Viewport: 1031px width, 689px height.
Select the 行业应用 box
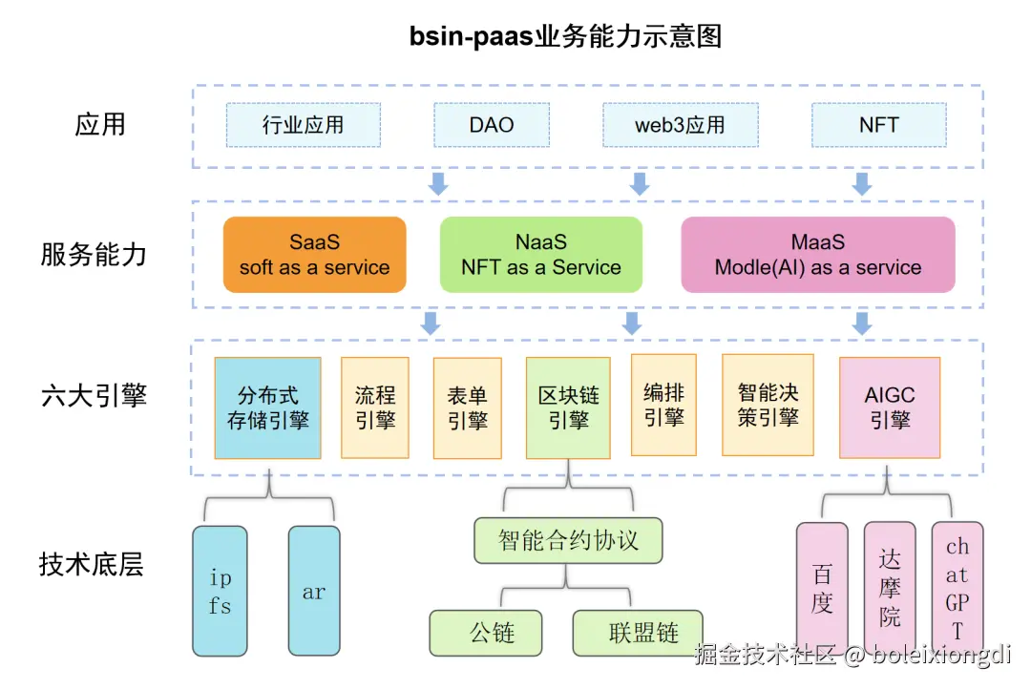304,125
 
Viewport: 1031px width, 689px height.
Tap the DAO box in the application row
492,125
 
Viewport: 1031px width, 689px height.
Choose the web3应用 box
680,125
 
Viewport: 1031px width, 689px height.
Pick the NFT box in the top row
878,125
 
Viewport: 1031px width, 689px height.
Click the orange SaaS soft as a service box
314,255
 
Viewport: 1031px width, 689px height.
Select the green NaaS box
540,255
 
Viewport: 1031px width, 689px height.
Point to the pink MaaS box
817,255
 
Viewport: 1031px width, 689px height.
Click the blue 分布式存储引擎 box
268,407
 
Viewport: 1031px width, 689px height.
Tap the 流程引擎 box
375,407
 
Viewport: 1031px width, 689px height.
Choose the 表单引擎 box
467,407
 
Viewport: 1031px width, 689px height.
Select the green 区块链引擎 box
568,407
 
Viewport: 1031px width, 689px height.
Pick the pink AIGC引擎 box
890,407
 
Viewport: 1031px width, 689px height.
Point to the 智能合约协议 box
568,540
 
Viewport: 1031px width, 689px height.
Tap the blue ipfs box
220,591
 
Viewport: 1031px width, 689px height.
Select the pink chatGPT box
957,587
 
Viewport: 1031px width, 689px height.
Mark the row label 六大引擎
94,396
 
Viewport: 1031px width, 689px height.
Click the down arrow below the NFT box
862,184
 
